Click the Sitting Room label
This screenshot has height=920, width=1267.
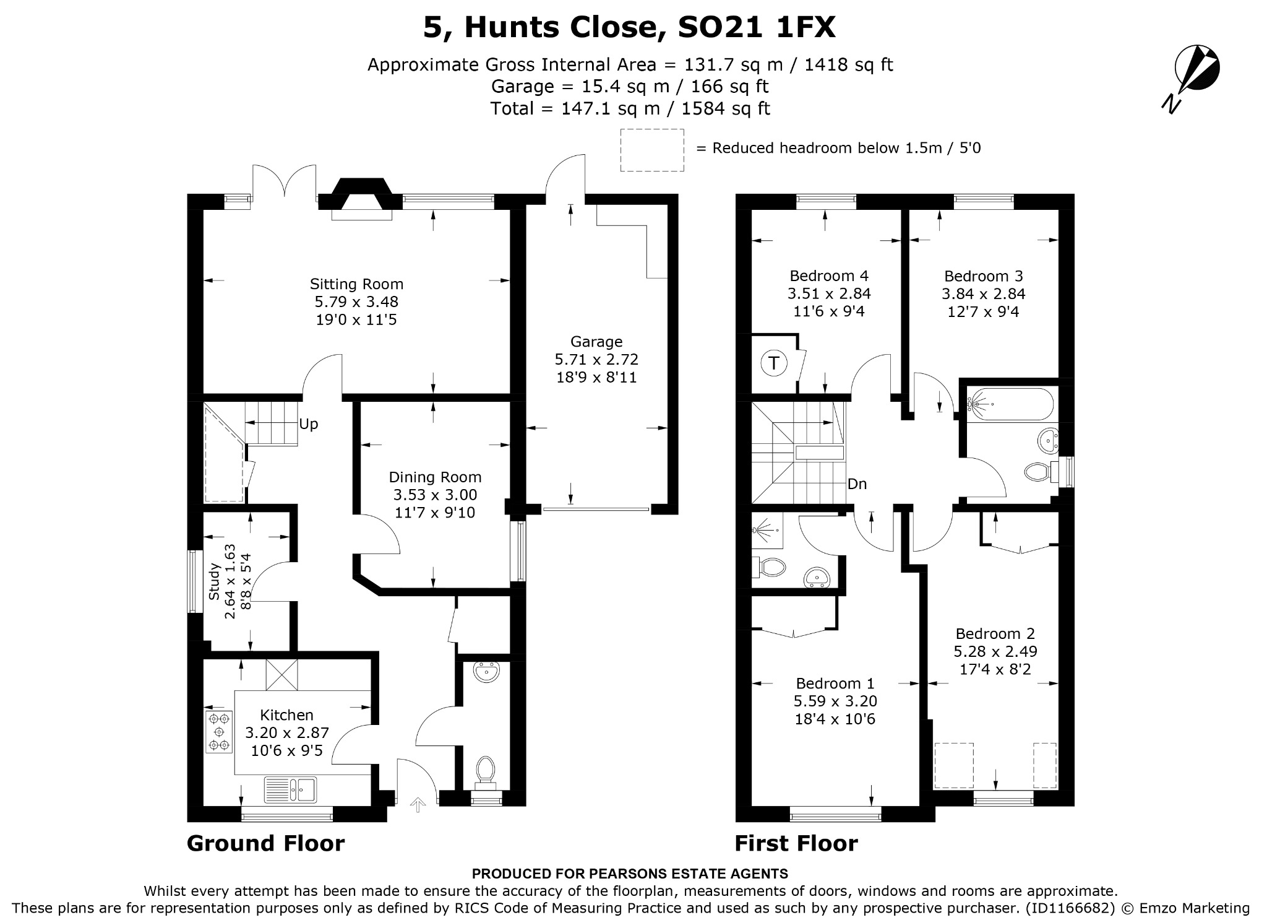356,284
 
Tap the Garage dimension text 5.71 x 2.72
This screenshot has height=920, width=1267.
596,359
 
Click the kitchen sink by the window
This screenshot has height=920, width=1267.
290,789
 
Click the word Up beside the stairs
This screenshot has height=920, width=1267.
308,424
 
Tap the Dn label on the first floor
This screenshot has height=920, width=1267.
857,484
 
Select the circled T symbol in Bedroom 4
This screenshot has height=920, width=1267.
773,363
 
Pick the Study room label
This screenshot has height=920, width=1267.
214,581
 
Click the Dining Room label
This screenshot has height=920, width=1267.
435,477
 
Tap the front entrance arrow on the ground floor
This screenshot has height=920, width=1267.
418,805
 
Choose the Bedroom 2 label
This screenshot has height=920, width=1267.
995,634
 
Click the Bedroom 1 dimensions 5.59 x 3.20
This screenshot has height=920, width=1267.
835,701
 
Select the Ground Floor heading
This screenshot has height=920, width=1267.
265,843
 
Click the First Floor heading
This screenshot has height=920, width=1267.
796,843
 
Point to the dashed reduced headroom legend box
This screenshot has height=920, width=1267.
652,150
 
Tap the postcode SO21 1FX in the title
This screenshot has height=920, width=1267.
757,27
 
